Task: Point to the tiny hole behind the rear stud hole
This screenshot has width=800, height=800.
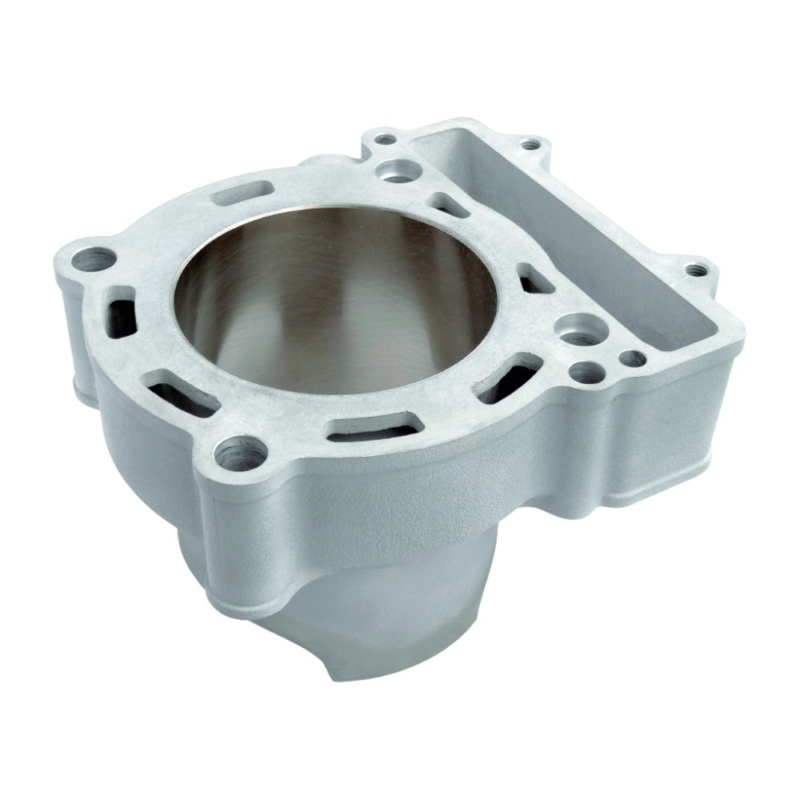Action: click(386, 141)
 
